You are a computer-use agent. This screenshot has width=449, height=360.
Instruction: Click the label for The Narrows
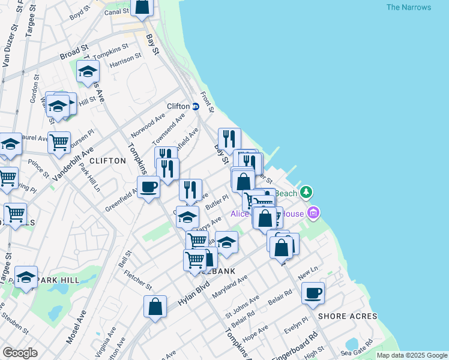click(408, 7)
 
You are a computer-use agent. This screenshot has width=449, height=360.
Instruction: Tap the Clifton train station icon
click(196, 106)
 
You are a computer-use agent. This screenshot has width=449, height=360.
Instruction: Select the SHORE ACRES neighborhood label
click(348, 316)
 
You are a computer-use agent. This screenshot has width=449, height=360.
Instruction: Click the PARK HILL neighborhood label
click(58, 280)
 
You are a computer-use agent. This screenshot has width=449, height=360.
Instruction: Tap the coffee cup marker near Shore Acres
click(313, 293)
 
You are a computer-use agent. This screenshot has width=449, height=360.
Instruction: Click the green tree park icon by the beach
click(307, 192)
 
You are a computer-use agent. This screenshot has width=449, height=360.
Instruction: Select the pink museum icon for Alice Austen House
click(313, 213)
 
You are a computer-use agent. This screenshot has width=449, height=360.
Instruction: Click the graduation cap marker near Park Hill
click(26, 277)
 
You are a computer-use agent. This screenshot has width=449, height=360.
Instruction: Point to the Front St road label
click(208, 101)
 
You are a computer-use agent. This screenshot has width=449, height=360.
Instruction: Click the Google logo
click(20, 353)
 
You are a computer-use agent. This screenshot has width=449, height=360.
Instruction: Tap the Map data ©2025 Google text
click(411, 355)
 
